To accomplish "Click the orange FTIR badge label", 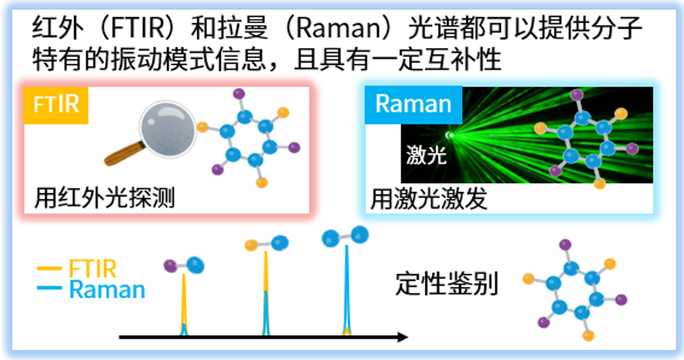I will click(x=57, y=105).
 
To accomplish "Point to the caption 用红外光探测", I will click(x=105, y=198).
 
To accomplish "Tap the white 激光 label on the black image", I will click(x=426, y=155).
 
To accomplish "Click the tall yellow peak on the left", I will click(x=183, y=305).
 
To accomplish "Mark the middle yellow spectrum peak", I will click(x=265, y=290).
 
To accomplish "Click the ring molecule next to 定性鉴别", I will click(x=577, y=289).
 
